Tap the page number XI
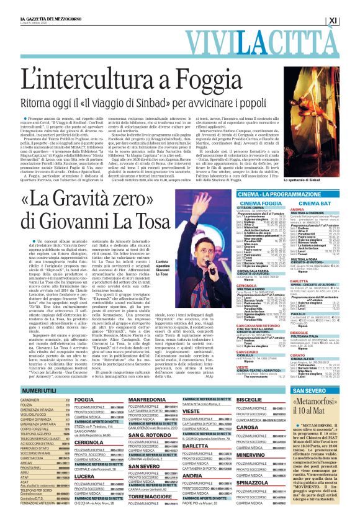[350, 20]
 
